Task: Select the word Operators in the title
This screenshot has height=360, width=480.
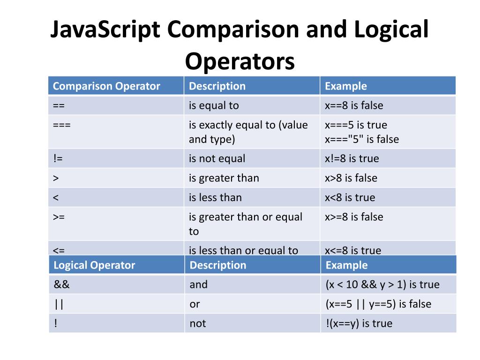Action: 240,61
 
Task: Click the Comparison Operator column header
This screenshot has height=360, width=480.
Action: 106,86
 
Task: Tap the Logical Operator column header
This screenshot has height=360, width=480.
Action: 94,265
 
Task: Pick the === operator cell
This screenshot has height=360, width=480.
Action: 62,125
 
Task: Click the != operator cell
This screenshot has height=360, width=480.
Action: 58,158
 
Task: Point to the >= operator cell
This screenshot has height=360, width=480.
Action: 59,217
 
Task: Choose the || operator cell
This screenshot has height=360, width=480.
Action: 59,304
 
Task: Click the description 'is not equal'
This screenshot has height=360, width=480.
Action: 217,158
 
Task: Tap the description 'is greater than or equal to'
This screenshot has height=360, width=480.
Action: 245,224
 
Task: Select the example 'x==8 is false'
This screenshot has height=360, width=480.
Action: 354,105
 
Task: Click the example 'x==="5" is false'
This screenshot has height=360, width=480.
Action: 361,139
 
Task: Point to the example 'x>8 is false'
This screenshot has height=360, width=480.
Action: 351,178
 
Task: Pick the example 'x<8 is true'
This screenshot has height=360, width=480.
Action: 350,198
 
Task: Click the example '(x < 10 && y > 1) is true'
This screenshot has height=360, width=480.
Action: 382,285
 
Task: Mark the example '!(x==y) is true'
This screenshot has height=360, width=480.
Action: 359,323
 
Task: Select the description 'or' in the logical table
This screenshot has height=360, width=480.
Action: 195,304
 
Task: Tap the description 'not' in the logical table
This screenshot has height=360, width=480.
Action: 197,323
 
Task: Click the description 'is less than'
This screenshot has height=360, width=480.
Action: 215,198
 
